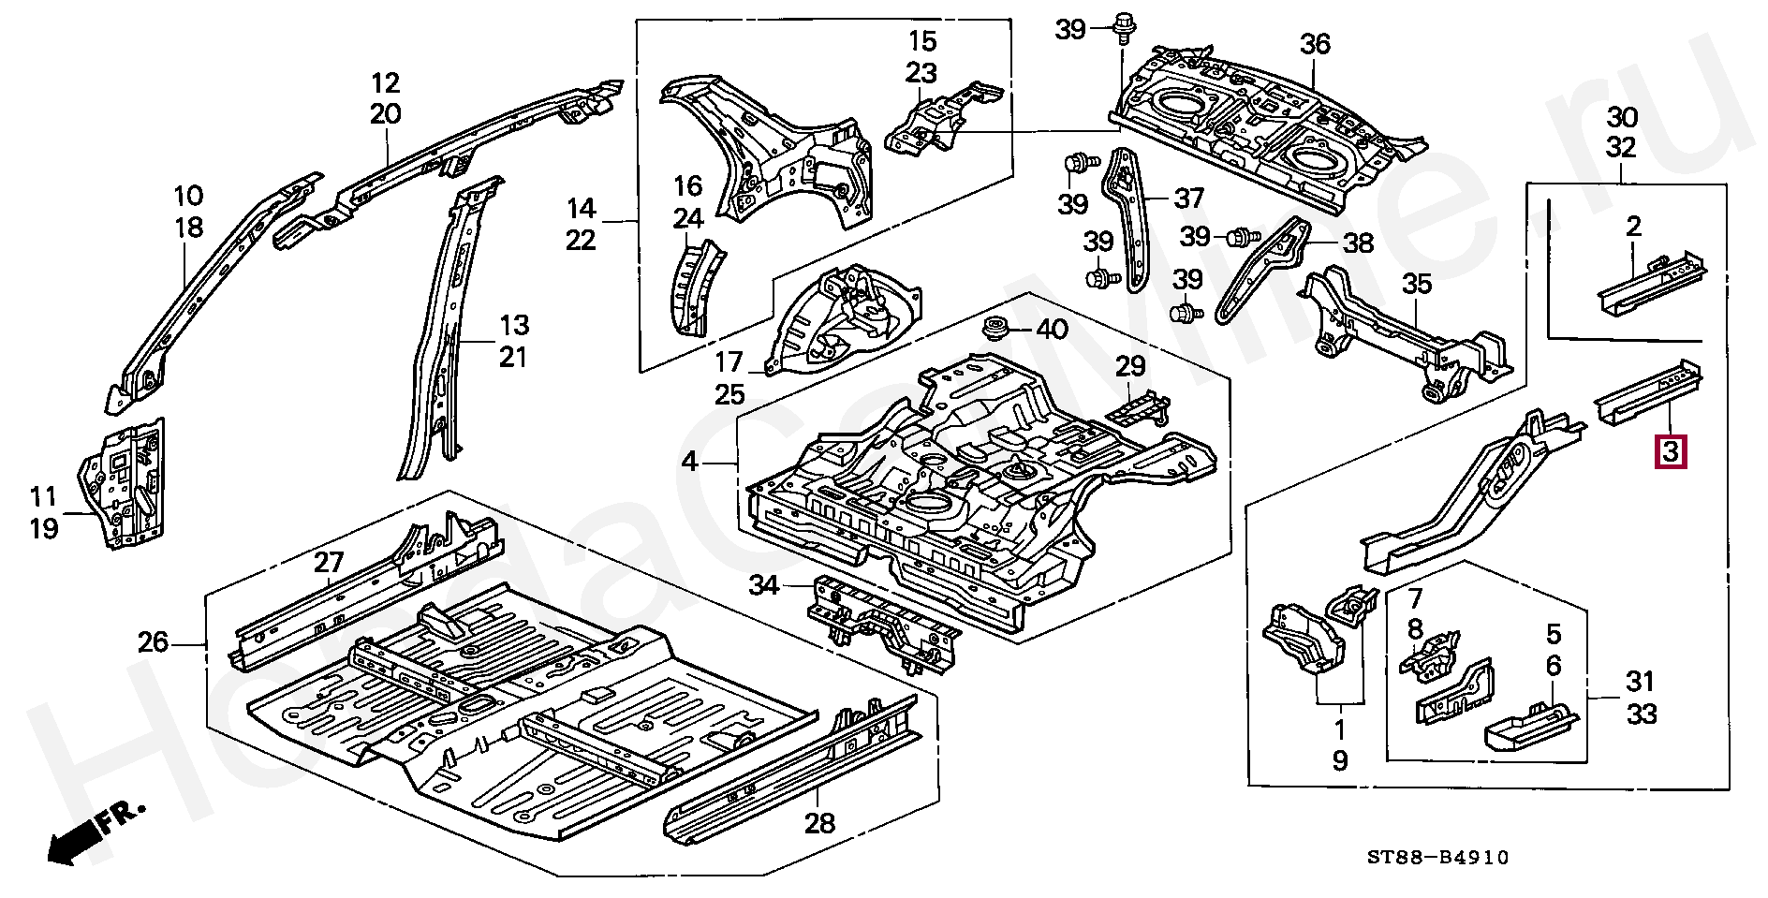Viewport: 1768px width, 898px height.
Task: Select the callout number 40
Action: (1051, 330)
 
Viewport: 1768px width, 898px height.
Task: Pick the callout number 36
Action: (1315, 44)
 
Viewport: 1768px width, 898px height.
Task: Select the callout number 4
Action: (689, 462)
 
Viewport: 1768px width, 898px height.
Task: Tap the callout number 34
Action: (764, 586)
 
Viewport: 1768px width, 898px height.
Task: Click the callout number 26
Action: (153, 643)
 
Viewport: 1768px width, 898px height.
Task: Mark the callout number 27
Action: (329, 563)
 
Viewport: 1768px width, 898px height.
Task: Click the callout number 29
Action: (1130, 365)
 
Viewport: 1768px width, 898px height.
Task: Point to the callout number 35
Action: (1417, 284)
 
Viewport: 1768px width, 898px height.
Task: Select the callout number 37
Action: (1188, 199)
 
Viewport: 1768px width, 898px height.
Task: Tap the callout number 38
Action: (1358, 243)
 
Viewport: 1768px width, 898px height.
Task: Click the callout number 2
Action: (1633, 225)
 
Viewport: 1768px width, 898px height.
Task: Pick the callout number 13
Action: (513, 326)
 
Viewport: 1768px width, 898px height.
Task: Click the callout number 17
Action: (729, 361)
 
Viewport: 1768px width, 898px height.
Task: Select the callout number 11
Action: (43, 496)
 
